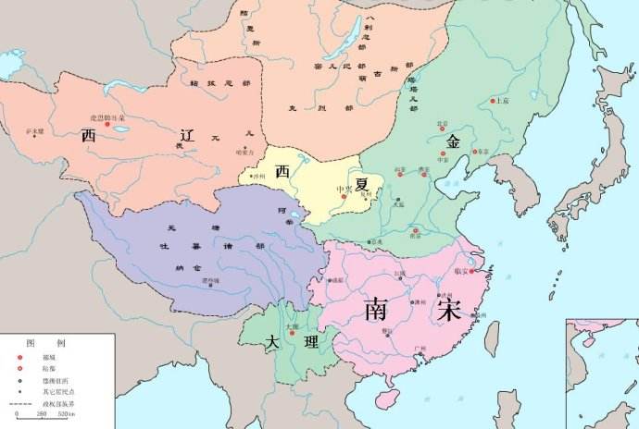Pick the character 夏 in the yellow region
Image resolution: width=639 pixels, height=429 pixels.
point(360,183)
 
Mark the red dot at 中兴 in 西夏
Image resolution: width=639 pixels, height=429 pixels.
point(343,196)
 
